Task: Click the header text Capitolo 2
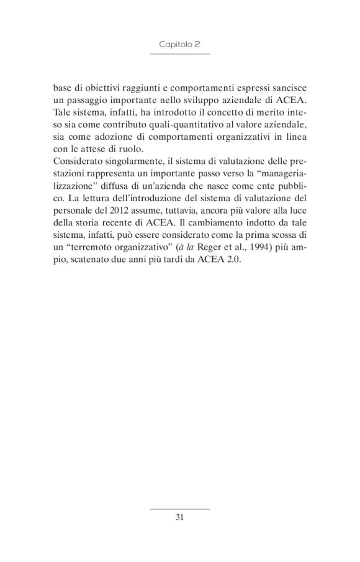coord(179,45)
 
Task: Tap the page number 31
coord(179,517)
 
